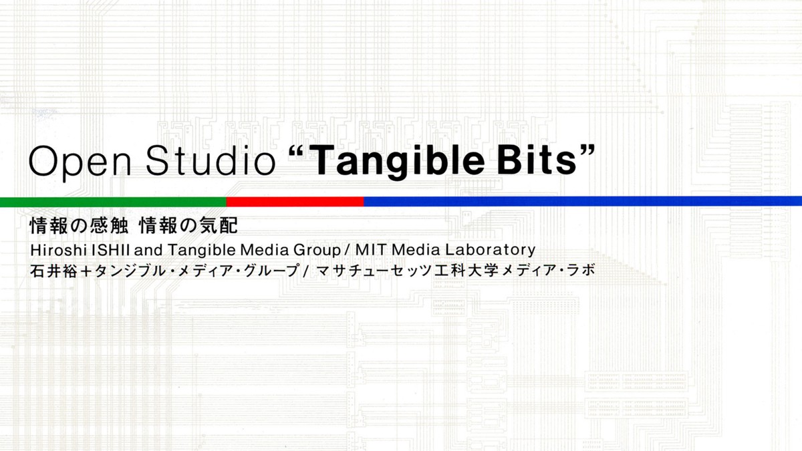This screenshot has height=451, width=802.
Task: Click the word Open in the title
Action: tap(80, 162)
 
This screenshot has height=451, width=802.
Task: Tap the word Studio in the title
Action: tap(211, 160)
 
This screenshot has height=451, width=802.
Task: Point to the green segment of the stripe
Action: tap(113, 202)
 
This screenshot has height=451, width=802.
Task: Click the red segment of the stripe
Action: tap(295, 202)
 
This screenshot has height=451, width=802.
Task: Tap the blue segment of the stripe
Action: tap(583, 201)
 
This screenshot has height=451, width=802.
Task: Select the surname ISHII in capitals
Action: tap(111, 250)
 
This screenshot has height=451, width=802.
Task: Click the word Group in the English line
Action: tap(317, 250)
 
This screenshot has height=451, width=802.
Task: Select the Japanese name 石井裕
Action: tap(53, 271)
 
